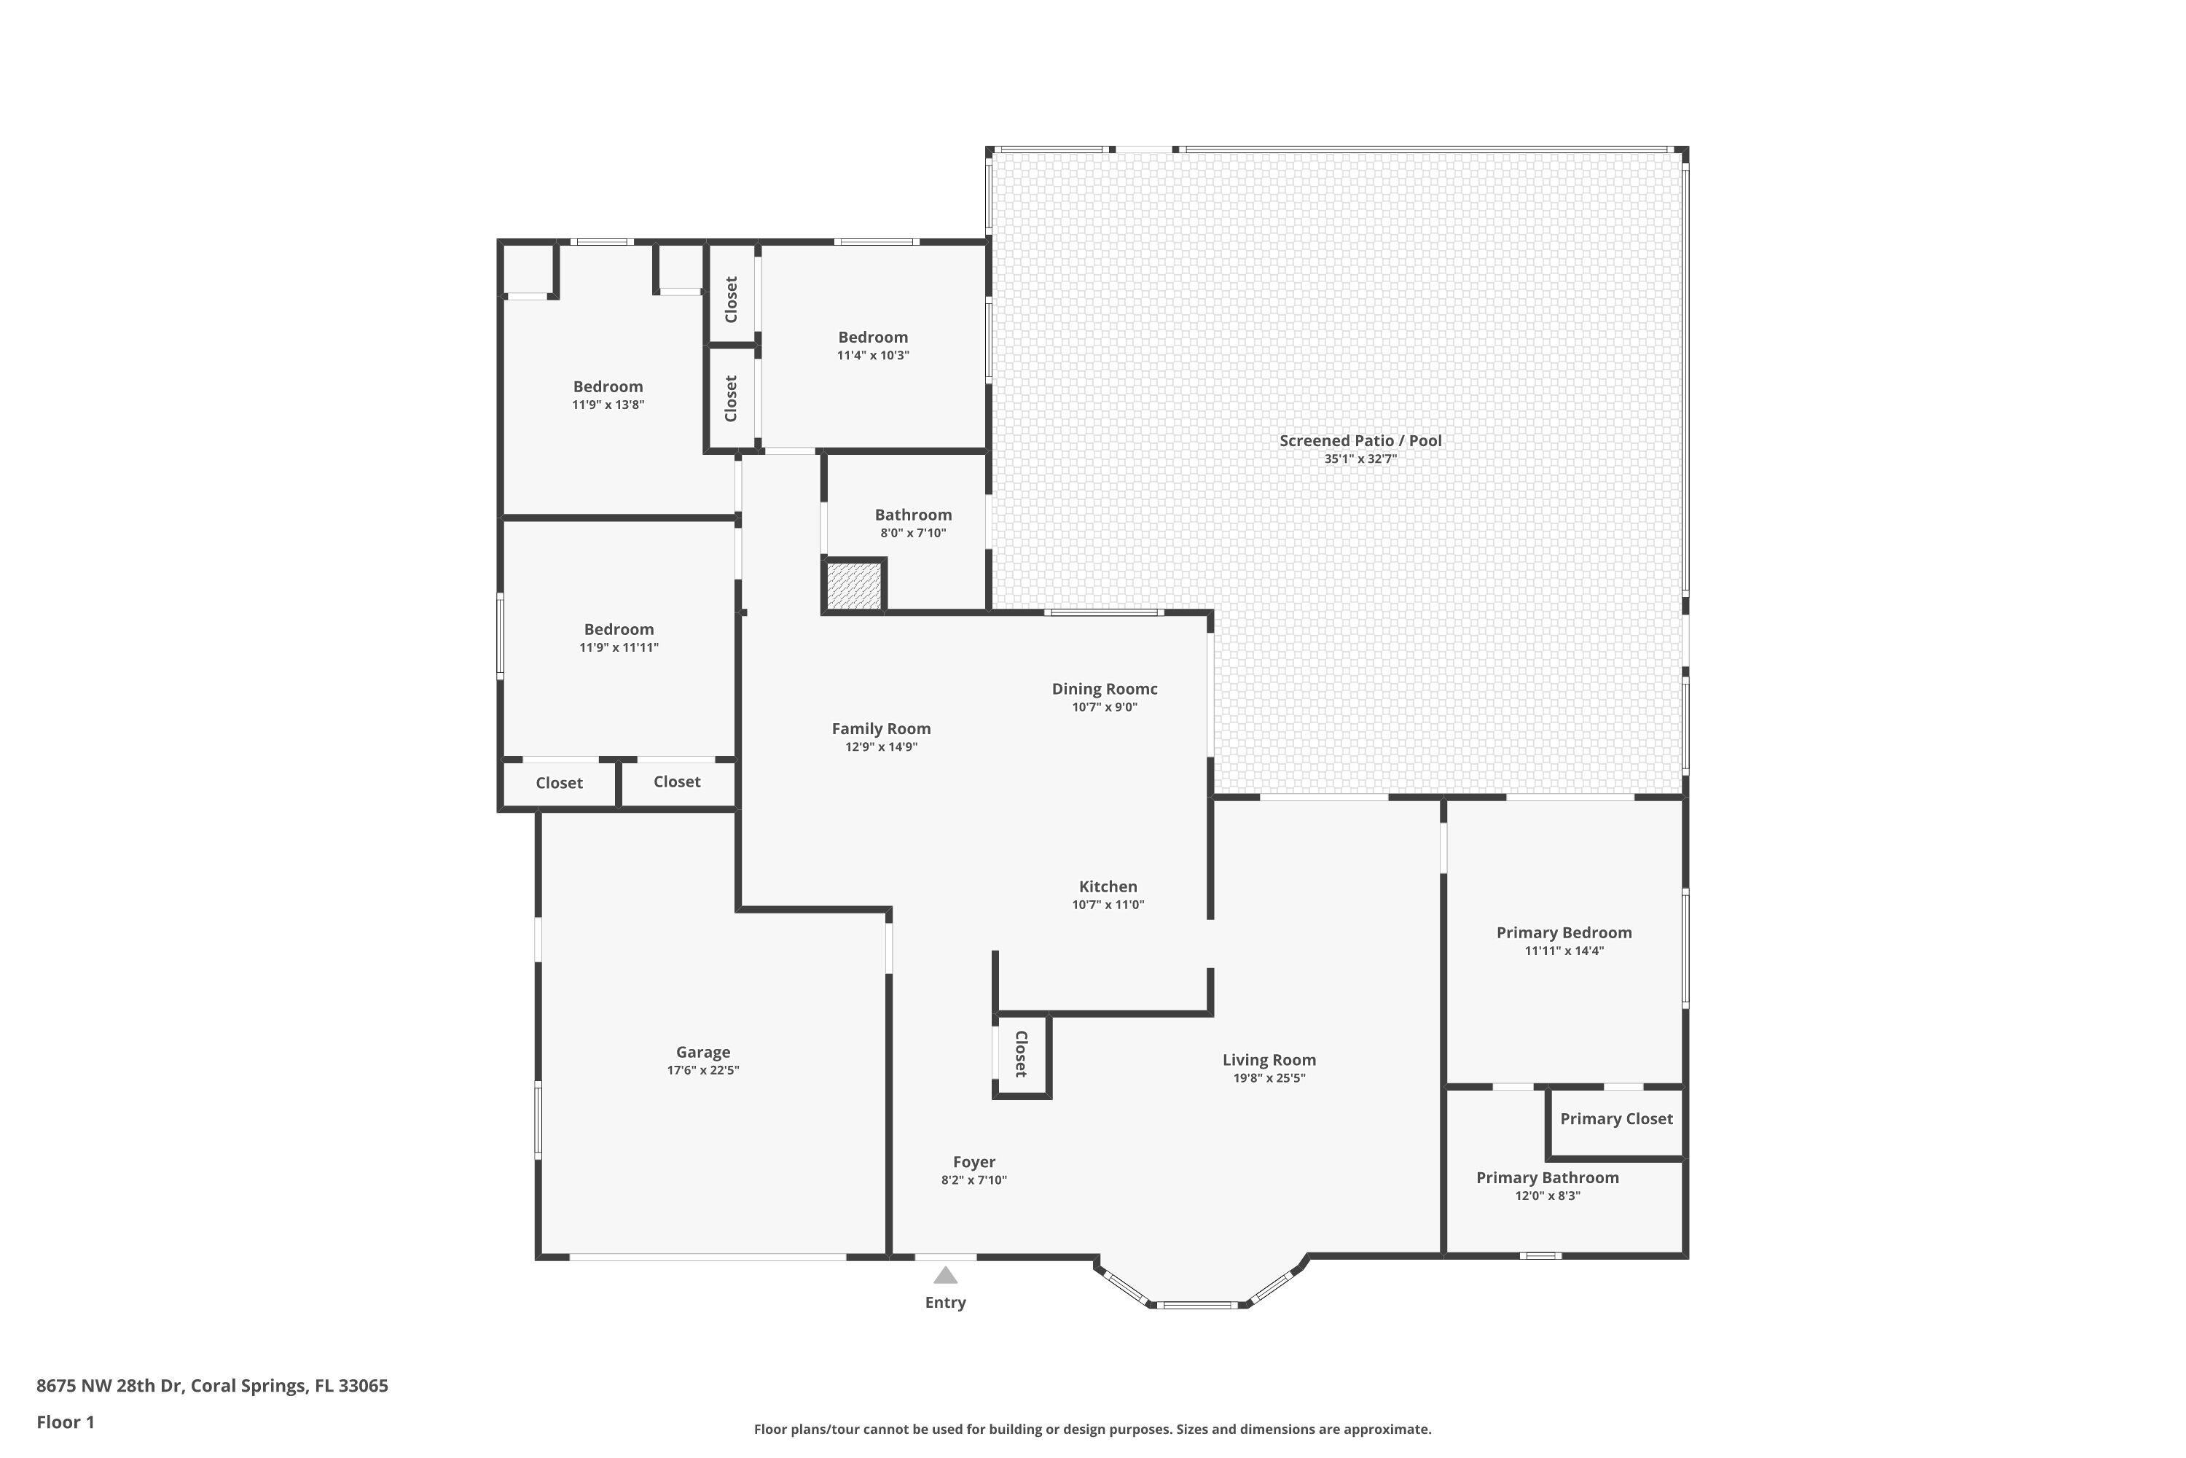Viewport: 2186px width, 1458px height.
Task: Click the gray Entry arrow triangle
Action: click(x=945, y=1275)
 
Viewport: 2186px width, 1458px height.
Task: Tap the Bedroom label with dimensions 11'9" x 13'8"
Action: click(x=608, y=387)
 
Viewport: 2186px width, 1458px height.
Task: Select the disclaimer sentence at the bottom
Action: click(x=1092, y=1429)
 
